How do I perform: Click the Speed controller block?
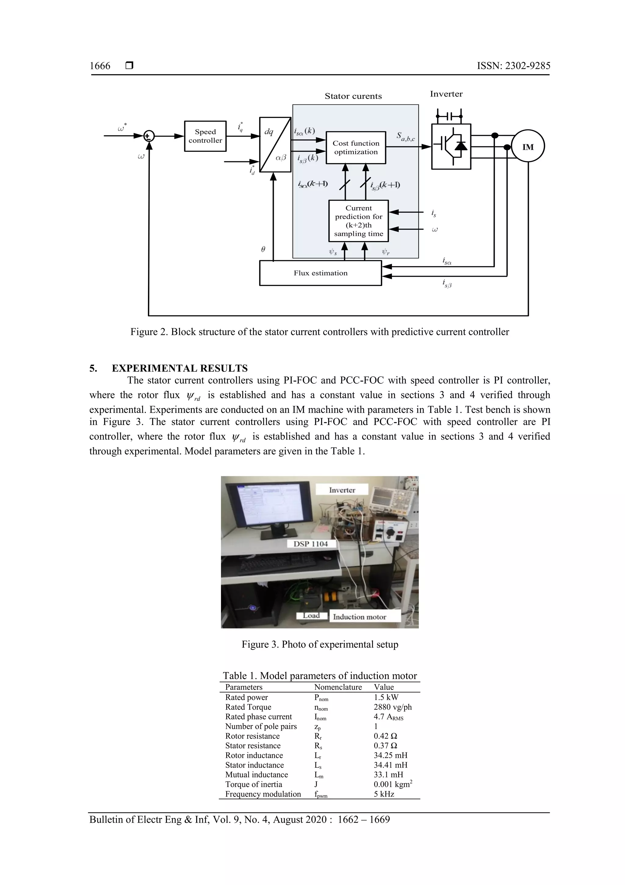205,136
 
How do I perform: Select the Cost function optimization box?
356,148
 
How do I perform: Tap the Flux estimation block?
320,273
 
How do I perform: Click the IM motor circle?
528,147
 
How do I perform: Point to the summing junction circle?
149,136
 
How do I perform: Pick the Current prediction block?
359,221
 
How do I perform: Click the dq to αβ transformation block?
275,144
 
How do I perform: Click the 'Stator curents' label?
353,96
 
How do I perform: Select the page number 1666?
100,66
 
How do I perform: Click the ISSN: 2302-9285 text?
513,66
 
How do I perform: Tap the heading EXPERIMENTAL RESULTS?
179,368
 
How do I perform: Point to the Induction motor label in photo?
359,617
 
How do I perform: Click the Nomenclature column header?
338,687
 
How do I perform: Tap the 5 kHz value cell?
384,794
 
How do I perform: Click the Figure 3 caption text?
320,645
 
